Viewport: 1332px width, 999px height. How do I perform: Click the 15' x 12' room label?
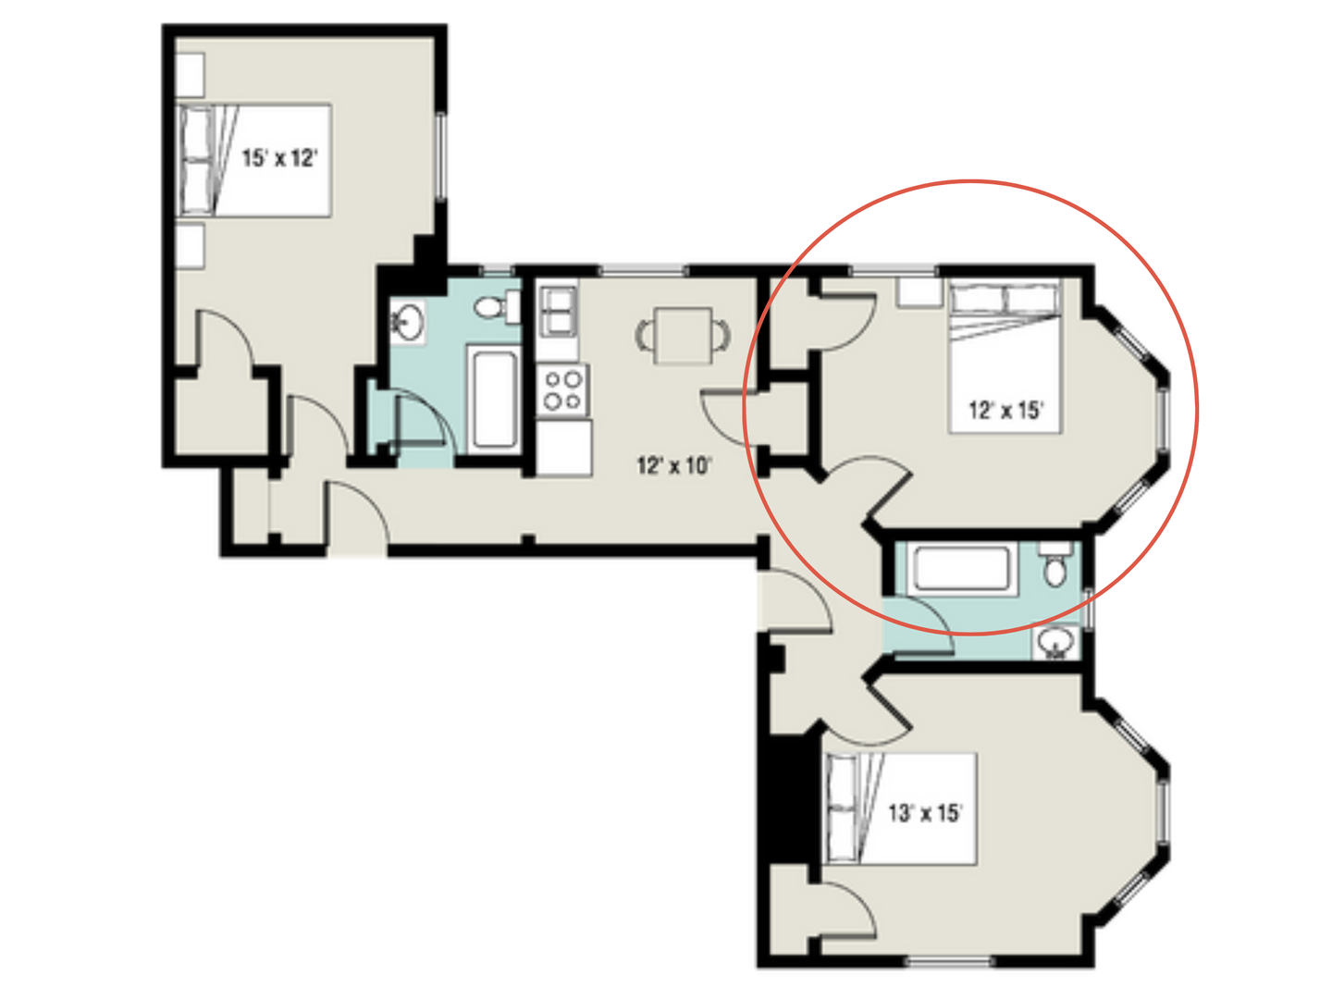(x=279, y=158)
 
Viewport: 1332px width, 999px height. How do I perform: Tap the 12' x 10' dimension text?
(x=674, y=465)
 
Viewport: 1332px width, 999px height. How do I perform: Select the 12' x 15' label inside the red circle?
(x=1006, y=410)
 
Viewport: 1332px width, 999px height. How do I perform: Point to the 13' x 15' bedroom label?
(x=925, y=813)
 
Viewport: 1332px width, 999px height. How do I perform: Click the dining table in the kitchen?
(x=683, y=335)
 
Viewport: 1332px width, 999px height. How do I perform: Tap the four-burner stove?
(x=562, y=389)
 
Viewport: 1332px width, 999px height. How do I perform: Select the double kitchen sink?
(x=558, y=311)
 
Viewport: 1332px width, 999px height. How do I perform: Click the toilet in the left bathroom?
(x=498, y=307)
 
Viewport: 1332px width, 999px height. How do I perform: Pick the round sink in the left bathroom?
(x=406, y=323)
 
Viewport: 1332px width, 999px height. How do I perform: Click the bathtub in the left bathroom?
(x=494, y=399)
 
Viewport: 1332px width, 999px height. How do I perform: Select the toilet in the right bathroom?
(x=1054, y=565)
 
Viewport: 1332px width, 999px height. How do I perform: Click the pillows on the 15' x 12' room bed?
(x=196, y=160)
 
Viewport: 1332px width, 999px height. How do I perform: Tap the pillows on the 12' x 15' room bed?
(x=1005, y=299)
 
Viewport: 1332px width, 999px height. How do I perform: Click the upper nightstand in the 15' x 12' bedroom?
(x=190, y=74)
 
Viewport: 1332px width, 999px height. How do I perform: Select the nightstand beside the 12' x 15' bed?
(x=919, y=291)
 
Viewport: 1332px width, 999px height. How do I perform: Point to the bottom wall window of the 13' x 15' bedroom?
(x=949, y=962)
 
